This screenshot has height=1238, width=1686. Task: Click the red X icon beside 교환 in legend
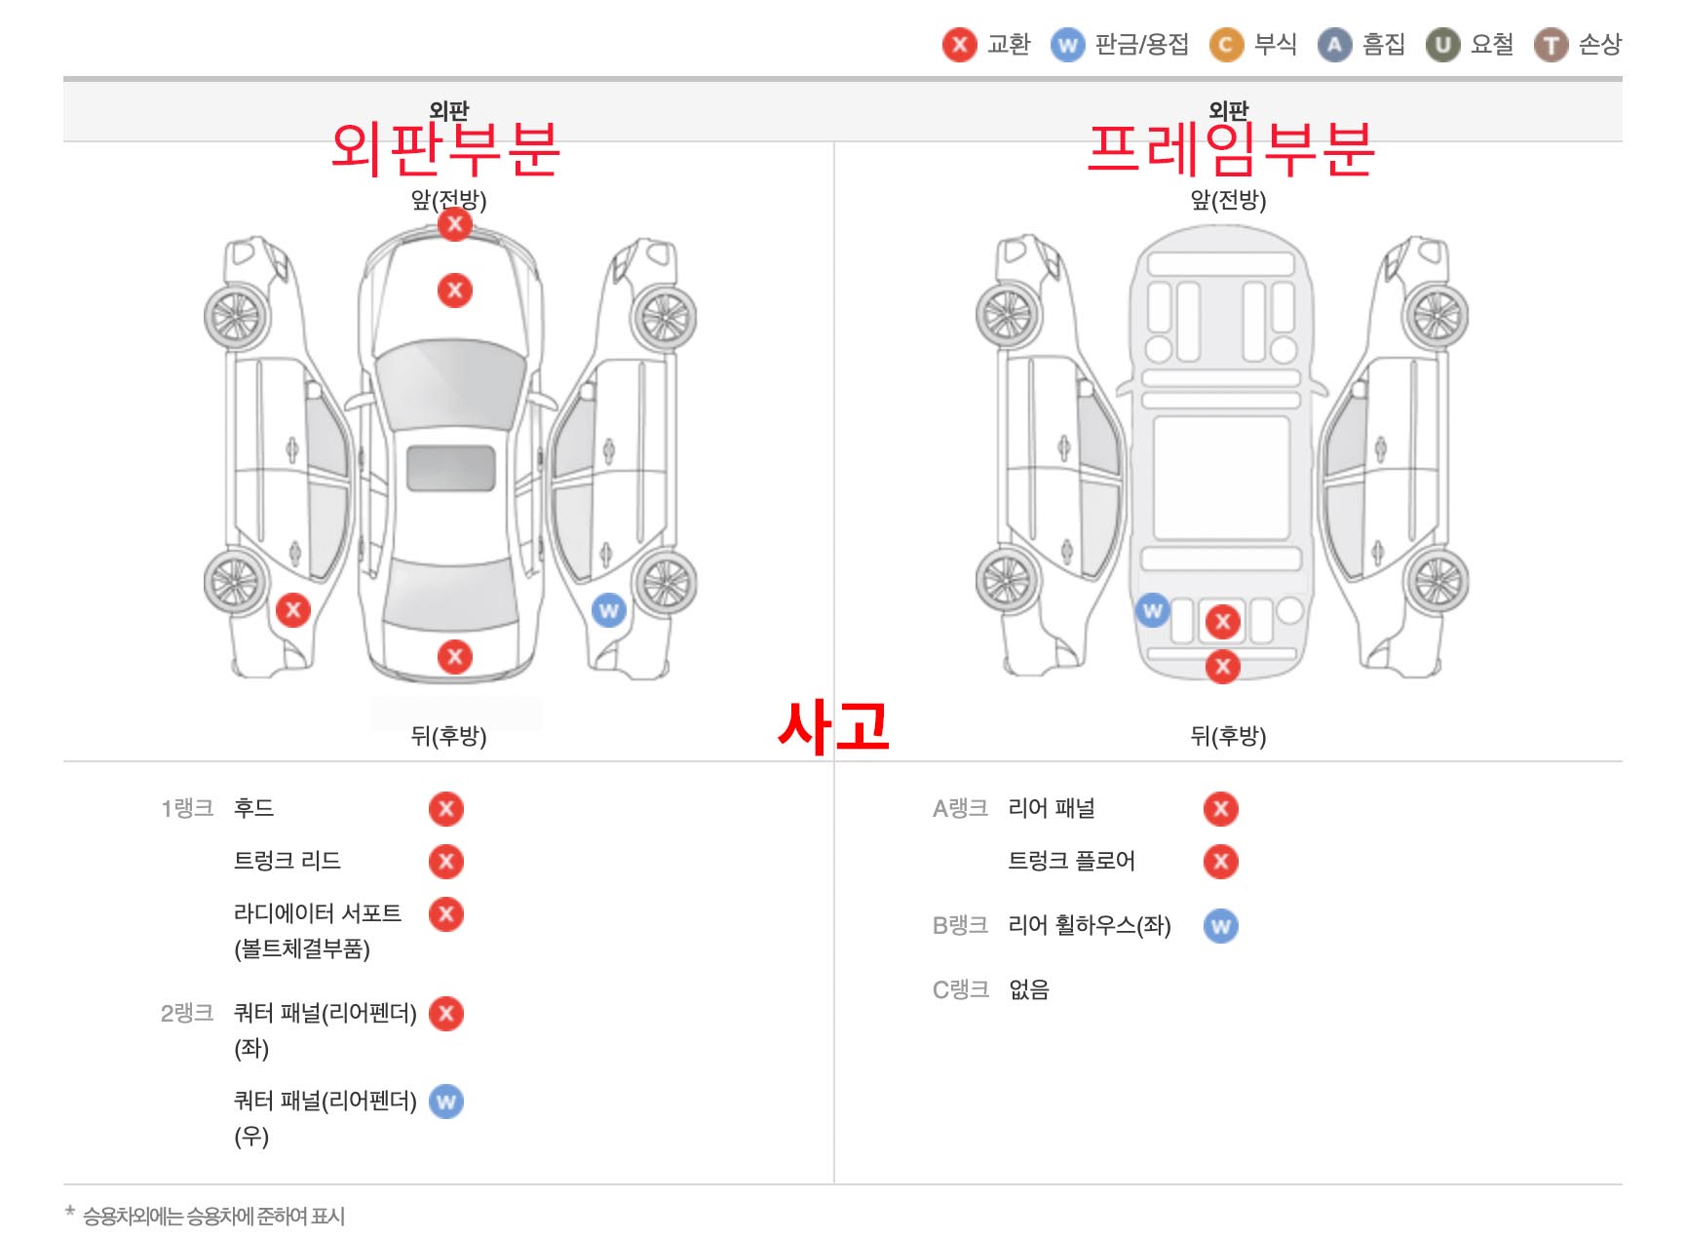pos(959,45)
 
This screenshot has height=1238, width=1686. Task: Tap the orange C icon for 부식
pos(1226,45)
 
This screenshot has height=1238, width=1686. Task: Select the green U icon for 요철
pos(1442,45)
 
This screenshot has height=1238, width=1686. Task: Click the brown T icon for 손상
pos(1551,45)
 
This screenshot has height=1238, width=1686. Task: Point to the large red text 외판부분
pos(445,150)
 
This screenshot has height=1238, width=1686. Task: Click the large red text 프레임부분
pos(1230,150)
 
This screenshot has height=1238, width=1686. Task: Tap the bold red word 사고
pos(834,727)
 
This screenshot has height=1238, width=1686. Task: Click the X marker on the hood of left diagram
pos(454,290)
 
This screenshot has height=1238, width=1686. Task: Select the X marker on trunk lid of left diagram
pos(454,657)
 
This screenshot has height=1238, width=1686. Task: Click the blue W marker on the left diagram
pos(608,611)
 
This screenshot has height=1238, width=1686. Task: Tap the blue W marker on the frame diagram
pos(1152,611)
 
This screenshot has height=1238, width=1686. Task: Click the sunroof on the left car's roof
pos(450,469)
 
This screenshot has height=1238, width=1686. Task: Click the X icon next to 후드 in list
pos(446,809)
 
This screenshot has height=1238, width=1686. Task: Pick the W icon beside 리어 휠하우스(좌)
pos(1220,926)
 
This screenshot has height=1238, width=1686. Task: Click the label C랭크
pos(960,990)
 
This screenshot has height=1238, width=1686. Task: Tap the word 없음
pos(1028,990)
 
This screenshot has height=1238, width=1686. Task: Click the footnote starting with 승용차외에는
pos(213,1217)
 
